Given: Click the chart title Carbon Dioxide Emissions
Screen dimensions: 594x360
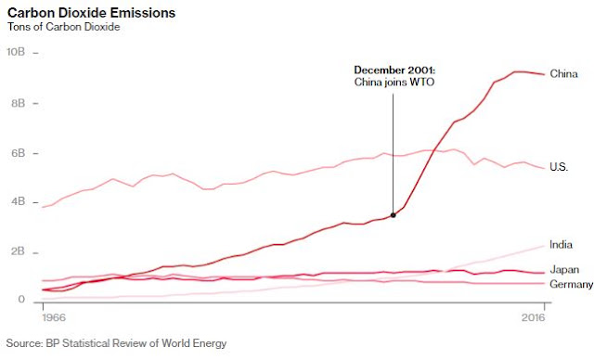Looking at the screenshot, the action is pyautogui.click(x=91, y=13).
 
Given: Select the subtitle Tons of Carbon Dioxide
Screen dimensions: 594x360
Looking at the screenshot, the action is pyautogui.click(x=64, y=27).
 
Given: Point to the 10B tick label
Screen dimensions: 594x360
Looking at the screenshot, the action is pyautogui.click(x=16, y=52).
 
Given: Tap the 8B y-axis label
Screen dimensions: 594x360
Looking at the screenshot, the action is pyautogui.click(x=18, y=103).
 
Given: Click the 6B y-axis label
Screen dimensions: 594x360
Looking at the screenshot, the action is pyautogui.click(x=18, y=153).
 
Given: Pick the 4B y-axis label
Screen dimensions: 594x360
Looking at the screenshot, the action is pyautogui.click(x=18, y=201).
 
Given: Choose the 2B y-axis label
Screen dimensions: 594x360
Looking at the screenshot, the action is pyautogui.click(x=18, y=251).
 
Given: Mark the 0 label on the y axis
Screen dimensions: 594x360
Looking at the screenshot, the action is pyautogui.click(x=21, y=299).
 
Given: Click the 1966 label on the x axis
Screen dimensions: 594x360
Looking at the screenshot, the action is pyautogui.click(x=54, y=316).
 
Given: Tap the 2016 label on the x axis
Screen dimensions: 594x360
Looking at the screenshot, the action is pyautogui.click(x=533, y=316).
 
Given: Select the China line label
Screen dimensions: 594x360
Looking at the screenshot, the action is pyautogui.click(x=563, y=73).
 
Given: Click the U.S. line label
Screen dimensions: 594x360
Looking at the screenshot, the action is pyautogui.click(x=559, y=167).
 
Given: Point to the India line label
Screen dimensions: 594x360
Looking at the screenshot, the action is pyautogui.click(x=561, y=245).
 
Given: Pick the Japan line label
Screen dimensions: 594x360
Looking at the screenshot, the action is pyautogui.click(x=564, y=269).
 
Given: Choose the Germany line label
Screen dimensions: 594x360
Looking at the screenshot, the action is pyautogui.click(x=572, y=284).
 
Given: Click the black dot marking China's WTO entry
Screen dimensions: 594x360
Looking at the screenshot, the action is pyautogui.click(x=394, y=215).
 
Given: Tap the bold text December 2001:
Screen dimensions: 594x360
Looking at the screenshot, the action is pyautogui.click(x=394, y=70).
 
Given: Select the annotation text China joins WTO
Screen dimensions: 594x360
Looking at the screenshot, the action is pyautogui.click(x=394, y=83).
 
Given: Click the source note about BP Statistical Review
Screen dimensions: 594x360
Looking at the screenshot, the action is pyautogui.click(x=116, y=343).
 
